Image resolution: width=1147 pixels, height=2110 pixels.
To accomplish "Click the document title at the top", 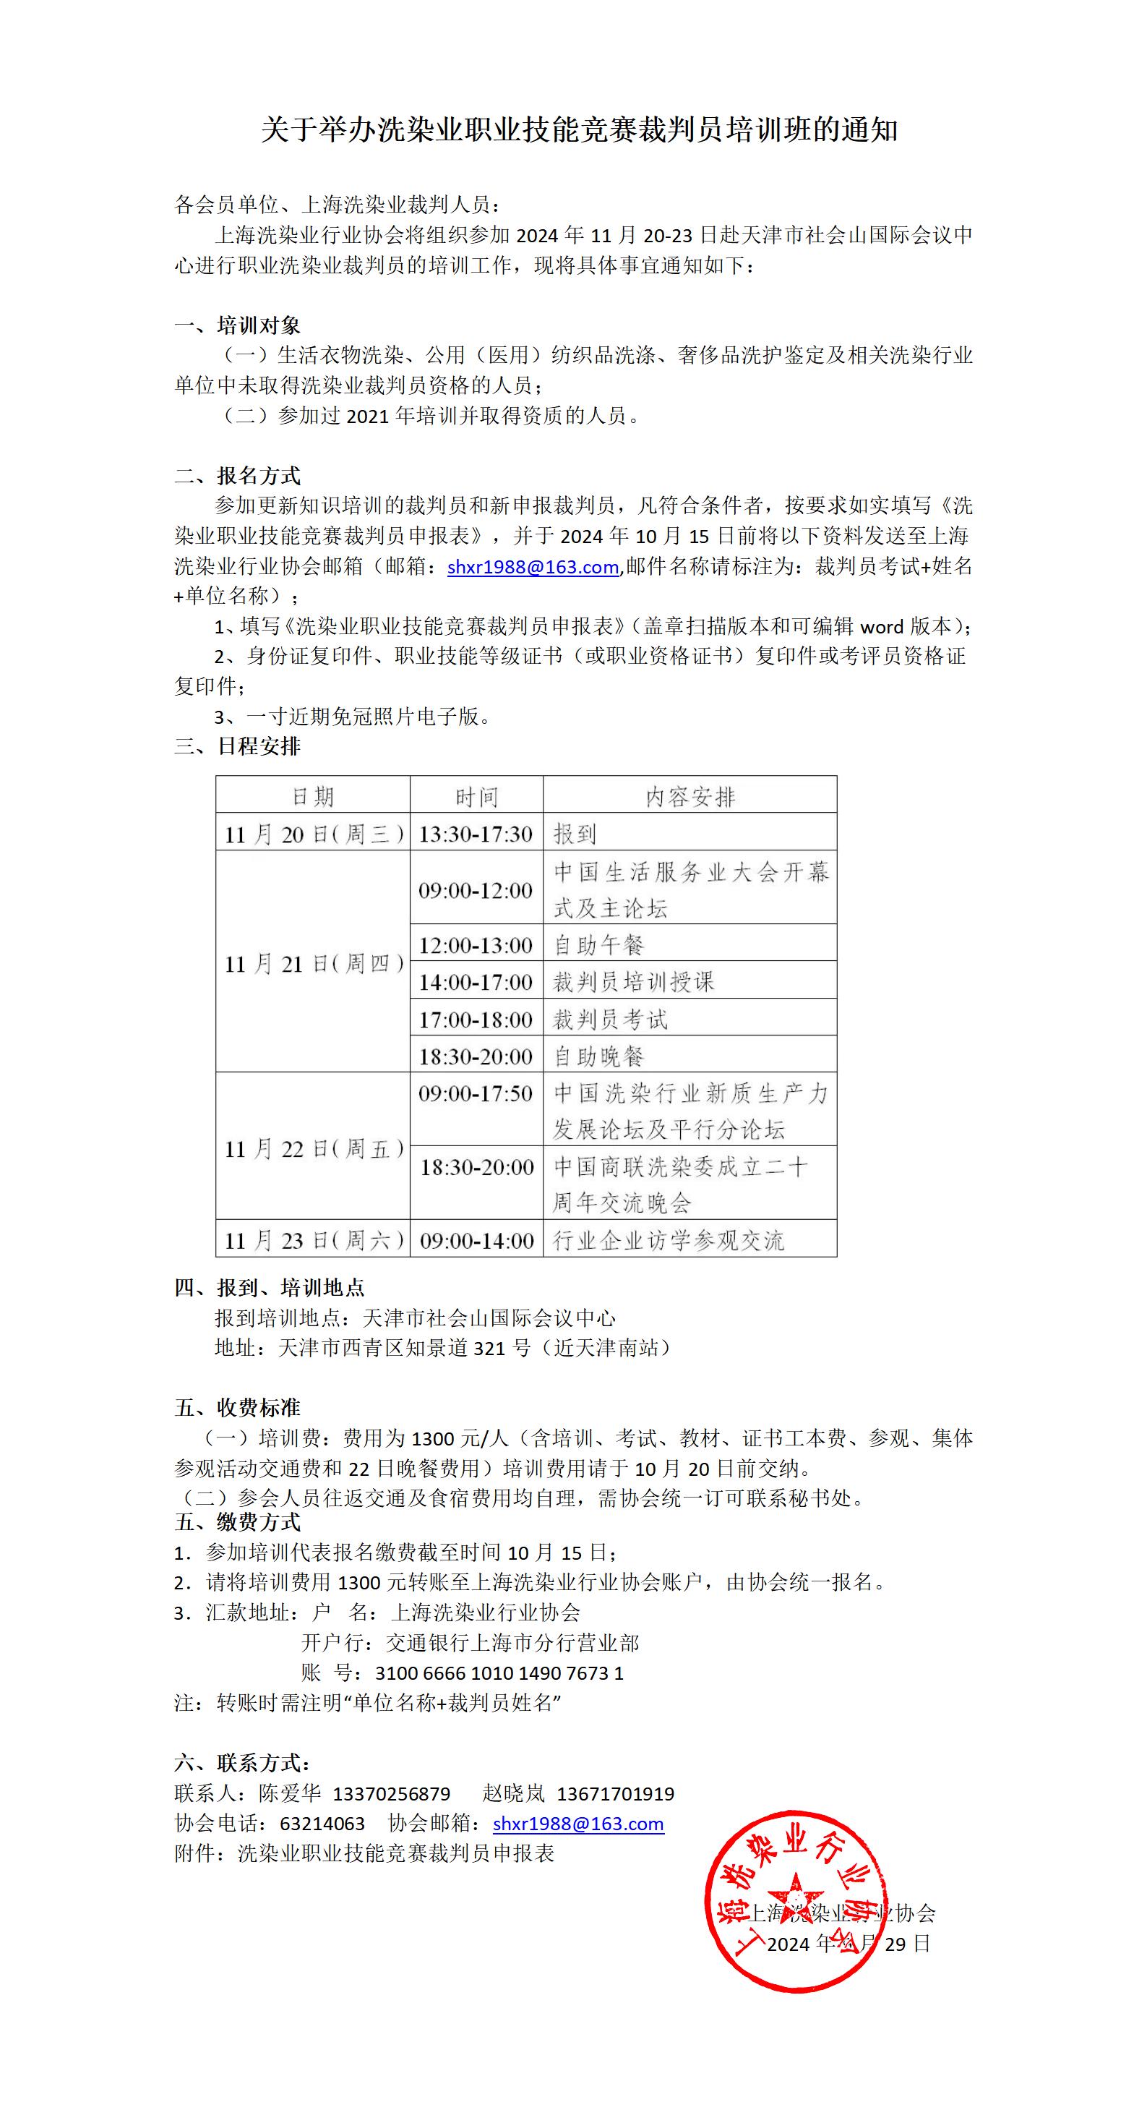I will [x=579, y=129].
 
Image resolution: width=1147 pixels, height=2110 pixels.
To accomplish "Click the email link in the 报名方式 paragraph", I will [x=532, y=567].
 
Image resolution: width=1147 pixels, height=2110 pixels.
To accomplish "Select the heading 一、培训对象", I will [x=238, y=325].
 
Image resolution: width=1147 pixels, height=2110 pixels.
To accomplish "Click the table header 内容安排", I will [x=690, y=796].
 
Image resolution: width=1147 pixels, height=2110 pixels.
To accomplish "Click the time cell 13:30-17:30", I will [x=476, y=834].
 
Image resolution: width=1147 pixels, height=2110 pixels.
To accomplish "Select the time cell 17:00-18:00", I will [x=476, y=1019].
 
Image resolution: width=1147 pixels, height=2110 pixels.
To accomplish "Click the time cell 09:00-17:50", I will [x=476, y=1093].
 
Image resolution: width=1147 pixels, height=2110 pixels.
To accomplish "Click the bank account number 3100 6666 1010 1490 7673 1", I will [x=499, y=1673].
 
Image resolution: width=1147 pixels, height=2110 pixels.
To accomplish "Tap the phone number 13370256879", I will [x=391, y=1793].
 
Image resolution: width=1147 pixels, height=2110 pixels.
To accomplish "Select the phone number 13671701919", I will [x=615, y=1793].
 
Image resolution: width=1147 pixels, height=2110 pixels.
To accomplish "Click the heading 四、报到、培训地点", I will [x=270, y=1288].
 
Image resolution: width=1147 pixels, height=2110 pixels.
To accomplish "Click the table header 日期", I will [x=313, y=796].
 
